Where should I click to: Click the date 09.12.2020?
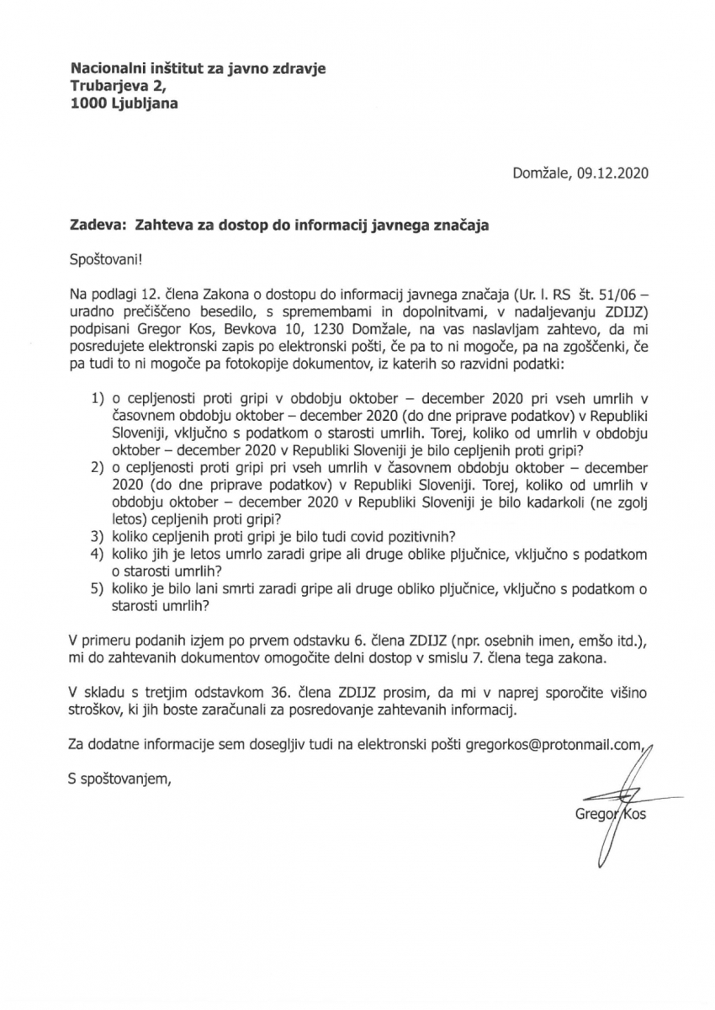click(x=614, y=174)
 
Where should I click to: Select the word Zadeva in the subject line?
click(x=89, y=226)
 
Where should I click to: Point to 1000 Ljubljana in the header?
click(x=124, y=104)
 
